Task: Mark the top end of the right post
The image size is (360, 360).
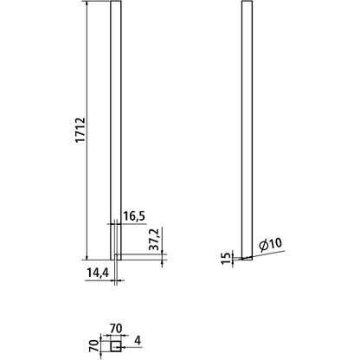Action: (246, 3)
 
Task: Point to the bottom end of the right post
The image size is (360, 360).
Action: (246, 258)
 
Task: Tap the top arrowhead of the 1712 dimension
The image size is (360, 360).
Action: (87, 6)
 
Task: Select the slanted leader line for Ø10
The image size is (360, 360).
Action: (260, 254)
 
